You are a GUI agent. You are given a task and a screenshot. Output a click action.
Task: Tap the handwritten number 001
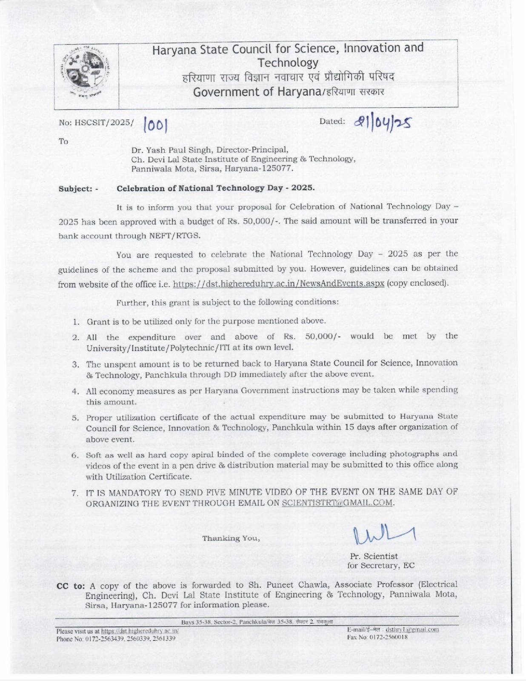[x=156, y=126]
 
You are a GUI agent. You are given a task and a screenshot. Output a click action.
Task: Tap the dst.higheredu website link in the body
[x=279, y=284]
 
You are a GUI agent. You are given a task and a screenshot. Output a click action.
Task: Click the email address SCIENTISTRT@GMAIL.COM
[x=337, y=503]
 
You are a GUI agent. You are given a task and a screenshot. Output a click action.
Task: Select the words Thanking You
[x=231, y=538]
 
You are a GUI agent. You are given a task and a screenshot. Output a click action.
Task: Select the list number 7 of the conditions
[x=75, y=493]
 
